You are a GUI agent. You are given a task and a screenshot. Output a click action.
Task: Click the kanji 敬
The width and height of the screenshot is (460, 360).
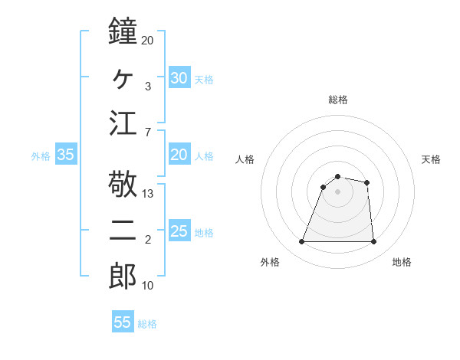(x=123, y=184)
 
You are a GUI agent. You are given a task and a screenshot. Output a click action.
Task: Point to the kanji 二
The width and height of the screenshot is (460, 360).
(x=123, y=231)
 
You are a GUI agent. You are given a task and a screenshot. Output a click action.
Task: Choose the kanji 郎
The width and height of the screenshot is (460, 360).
(x=123, y=276)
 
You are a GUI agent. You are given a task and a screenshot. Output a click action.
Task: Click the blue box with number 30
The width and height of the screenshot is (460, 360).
(x=179, y=77)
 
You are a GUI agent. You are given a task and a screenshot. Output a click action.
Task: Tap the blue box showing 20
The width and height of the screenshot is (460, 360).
(x=179, y=155)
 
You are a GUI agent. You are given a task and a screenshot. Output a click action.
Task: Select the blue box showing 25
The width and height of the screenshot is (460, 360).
(x=179, y=232)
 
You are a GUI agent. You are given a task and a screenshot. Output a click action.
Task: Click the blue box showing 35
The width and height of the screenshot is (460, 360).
(x=66, y=155)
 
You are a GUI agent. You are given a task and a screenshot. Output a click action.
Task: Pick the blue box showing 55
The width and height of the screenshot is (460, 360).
(x=123, y=322)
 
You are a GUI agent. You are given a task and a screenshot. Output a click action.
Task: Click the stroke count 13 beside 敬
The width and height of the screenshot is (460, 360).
(x=148, y=194)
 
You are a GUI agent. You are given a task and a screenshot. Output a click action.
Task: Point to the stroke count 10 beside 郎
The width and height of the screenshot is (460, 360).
(x=148, y=286)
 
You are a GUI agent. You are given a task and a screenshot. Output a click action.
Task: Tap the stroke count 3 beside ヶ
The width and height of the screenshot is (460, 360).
(x=147, y=87)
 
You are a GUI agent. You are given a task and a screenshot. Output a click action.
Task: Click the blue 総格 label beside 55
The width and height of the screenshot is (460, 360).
(x=147, y=324)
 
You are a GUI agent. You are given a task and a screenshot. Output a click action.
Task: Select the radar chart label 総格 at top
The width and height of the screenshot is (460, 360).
(x=337, y=100)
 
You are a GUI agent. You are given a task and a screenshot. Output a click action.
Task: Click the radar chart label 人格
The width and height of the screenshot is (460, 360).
(x=245, y=159)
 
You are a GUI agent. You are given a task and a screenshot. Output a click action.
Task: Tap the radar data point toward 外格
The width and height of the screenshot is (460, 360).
(x=301, y=242)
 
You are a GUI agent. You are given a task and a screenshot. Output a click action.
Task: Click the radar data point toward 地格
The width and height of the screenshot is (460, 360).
(x=373, y=242)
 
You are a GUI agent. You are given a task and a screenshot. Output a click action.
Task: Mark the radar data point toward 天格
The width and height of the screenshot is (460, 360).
(x=367, y=182)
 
